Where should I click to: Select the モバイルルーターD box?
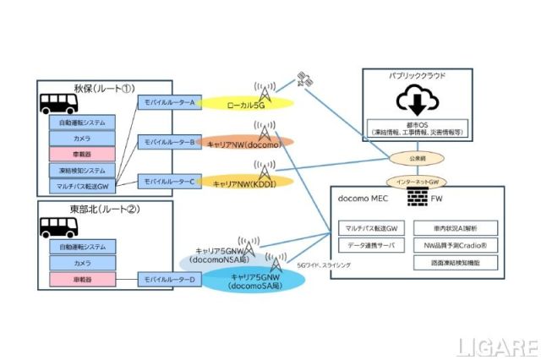[169, 279]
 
